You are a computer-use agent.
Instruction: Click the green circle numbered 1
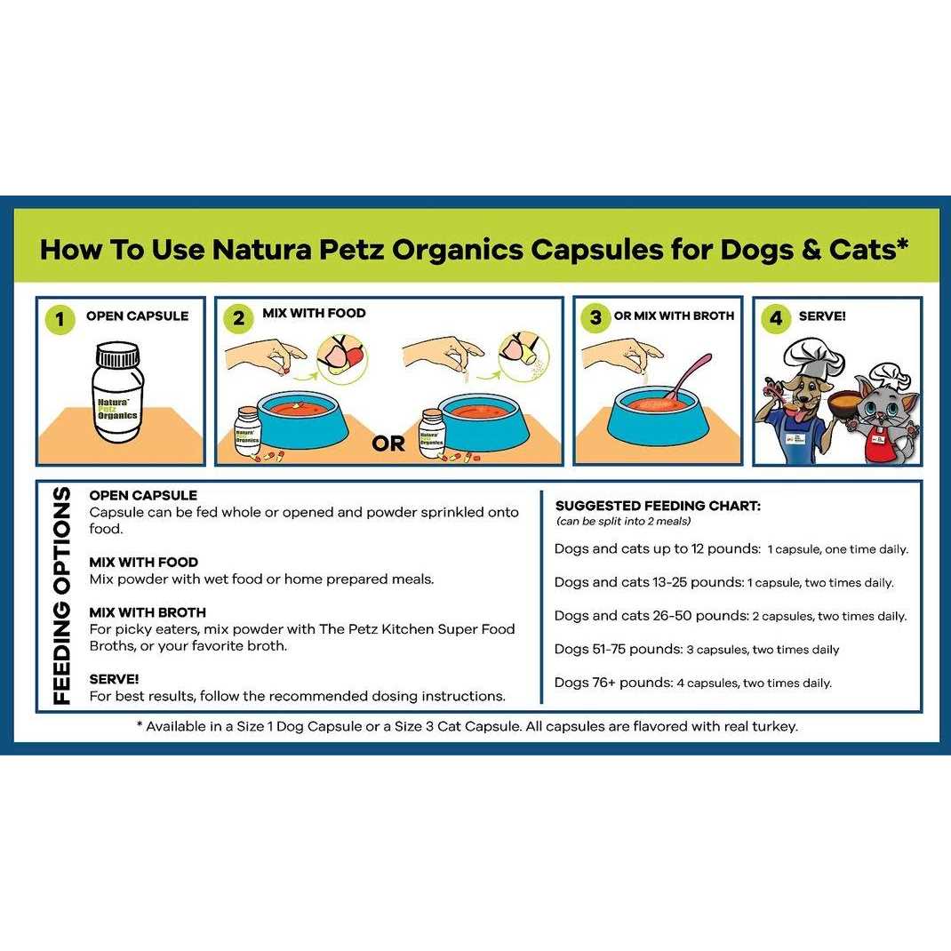click(60, 319)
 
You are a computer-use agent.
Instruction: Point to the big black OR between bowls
click(388, 443)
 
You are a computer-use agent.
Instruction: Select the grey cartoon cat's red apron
click(879, 445)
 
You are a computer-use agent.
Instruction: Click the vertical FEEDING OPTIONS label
click(61, 595)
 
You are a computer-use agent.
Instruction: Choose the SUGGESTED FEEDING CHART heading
click(658, 506)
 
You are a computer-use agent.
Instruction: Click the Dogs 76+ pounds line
click(692, 683)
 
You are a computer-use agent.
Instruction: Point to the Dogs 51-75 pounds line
click(696, 649)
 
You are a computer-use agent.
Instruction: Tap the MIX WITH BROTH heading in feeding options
click(148, 612)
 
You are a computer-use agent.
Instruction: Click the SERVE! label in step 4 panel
click(822, 316)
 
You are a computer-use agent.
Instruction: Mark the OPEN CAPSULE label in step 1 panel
click(137, 316)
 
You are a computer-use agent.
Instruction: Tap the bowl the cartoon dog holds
click(845, 400)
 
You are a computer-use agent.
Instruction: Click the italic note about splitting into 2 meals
click(623, 521)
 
